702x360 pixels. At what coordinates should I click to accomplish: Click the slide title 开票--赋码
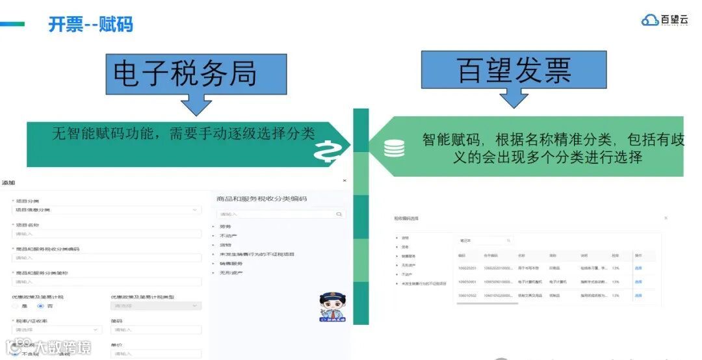point(90,25)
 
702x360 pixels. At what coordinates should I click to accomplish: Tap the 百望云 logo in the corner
point(664,19)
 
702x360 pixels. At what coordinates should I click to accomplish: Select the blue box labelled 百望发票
point(513,70)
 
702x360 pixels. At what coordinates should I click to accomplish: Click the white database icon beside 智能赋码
point(393,148)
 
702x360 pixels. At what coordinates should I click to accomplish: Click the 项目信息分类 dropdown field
point(106,210)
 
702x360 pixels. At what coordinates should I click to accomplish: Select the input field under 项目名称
point(106,234)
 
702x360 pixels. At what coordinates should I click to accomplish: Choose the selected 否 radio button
point(40,305)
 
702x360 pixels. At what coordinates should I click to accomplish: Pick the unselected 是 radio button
point(15,305)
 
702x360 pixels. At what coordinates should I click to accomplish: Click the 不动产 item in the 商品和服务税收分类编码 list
point(227,235)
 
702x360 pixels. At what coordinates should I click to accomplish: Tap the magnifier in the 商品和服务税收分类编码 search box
point(339,213)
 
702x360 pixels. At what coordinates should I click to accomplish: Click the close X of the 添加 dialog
point(344,181)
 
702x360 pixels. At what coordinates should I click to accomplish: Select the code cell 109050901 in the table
point(467,281)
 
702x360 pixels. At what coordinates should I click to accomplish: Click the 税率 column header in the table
point(615,255)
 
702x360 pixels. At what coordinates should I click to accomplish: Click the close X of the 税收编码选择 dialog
point(666,218)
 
